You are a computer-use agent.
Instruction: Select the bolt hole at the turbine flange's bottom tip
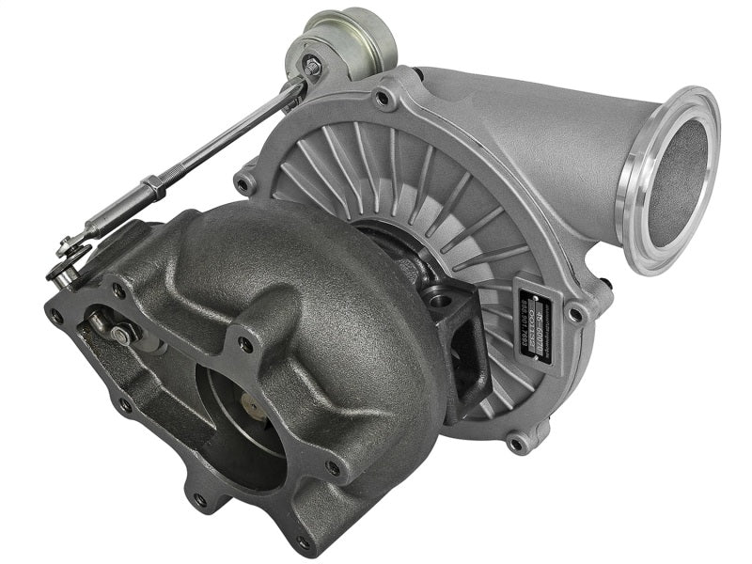(x=303, y=542)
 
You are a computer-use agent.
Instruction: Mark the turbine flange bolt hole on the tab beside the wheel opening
(x=245, y=344)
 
